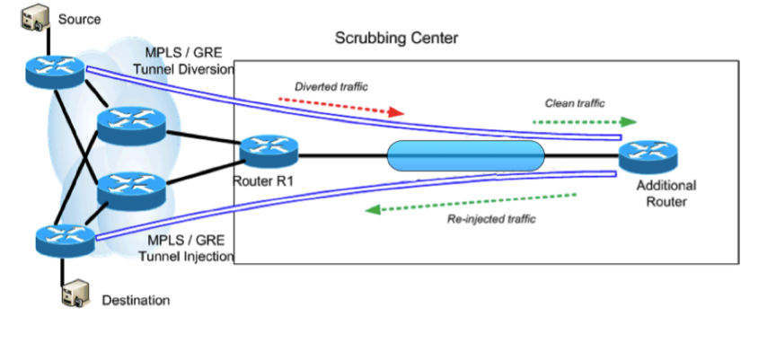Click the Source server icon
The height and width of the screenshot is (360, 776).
point(35,18)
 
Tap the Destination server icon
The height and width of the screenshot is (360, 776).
point(75,294)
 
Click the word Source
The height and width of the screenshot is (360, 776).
point(79,19)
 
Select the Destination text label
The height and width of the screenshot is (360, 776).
point(136,300)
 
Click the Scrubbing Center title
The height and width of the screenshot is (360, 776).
point(396,38)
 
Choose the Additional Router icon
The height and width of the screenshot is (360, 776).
point(648,157)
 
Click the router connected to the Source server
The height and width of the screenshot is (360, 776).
point(55,72)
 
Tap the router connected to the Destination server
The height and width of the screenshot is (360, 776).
point(65,241)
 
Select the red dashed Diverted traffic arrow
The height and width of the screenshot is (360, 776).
point(341,106)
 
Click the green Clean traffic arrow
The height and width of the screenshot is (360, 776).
point(585,122)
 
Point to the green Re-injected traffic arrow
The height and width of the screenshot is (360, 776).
point(471,203)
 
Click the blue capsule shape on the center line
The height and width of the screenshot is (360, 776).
point(465,156)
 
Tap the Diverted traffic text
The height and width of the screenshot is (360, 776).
point(331,86)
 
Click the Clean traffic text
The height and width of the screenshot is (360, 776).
point(575,103)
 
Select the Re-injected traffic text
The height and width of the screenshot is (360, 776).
point(491,218)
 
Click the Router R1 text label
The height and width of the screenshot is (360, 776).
point(263,181)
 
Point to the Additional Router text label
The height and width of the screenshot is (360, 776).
point(666,193)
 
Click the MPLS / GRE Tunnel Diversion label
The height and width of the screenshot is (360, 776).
point(183,61)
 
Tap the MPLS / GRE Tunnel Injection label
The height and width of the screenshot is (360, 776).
point(186,249)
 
